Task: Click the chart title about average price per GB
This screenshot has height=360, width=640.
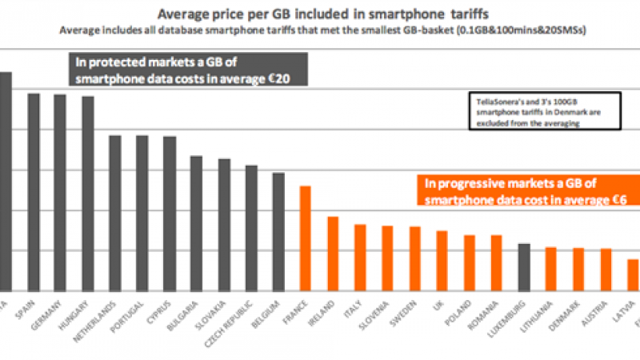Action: click(x=320, y=14)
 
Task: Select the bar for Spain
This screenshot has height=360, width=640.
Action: click(x=34, y=192)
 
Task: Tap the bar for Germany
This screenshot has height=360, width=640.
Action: click(x=59, y=193)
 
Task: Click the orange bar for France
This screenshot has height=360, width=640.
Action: click(x=305, y=238)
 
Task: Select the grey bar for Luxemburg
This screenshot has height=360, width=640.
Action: click(x=524, y=267)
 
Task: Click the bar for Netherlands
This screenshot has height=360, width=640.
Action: click(x=115, y=213)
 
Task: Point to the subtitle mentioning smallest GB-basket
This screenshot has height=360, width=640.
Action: click(x=320, y=30)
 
